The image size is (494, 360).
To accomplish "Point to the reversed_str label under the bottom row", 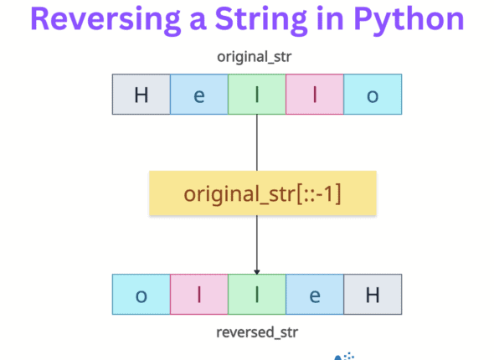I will point(257,332).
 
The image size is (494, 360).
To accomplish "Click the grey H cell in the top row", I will point(142,95).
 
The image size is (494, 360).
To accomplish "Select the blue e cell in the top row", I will point(199,95).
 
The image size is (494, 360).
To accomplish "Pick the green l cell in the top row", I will point(257,95).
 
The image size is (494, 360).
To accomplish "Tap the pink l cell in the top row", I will point(315,95).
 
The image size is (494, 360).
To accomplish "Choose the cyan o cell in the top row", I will point(373,95).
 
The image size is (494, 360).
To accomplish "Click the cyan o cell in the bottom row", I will point(142,294).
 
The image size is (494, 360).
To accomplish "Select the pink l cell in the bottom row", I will point(199,294).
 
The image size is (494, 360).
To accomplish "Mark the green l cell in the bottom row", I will point(257,294).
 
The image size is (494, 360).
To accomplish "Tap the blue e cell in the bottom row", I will point(315,294).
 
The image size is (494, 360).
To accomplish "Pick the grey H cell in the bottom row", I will point(373,294).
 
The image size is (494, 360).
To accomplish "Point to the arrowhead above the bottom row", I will point(257,270).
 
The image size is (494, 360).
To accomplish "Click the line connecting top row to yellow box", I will point(257,142).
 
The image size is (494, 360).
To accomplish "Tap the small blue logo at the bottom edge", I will point(343,355).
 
